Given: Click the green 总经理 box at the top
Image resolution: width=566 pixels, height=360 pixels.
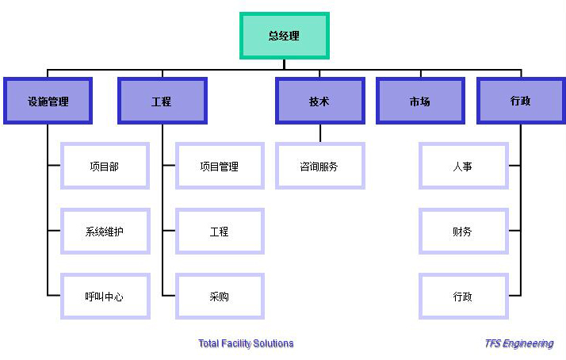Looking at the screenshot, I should tap(284, 36).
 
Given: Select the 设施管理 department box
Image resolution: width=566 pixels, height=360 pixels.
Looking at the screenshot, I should tap(48, 101).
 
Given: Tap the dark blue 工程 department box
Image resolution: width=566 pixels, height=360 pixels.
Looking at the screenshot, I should tap(162, 101).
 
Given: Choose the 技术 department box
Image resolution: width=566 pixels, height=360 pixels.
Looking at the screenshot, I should tap(319, 101).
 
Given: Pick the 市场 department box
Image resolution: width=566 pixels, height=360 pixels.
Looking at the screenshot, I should tap(420, 101).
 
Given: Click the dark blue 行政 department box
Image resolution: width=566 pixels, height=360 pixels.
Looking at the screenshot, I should tap(521, 101).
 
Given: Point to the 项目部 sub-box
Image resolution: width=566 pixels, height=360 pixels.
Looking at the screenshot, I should tap(105, 167).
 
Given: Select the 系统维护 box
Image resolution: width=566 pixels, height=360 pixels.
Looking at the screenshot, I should tap(105, 232).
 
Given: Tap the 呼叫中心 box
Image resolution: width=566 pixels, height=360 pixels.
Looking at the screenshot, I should tap(105, 297).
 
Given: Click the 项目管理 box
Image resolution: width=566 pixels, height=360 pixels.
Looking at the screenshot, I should tap(220, 167).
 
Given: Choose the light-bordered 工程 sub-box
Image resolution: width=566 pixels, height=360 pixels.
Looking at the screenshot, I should tap(220, 232).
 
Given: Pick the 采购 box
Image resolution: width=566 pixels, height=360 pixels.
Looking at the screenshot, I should tap(220, 297).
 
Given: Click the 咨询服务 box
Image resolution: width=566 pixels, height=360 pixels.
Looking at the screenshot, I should tap(319, 167).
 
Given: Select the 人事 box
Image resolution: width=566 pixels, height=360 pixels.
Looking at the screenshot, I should tap(463, 167).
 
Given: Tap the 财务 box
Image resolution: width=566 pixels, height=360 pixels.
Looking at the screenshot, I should tap(463, 232).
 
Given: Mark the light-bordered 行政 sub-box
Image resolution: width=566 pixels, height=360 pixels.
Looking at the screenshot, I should tap(463, 297).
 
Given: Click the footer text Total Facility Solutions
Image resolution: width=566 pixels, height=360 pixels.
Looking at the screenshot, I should tap(246, 343).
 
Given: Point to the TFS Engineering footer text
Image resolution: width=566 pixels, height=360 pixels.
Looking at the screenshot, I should tap(519, 343).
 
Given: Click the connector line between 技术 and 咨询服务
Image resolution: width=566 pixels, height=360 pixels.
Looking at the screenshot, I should tap(320, 134).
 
